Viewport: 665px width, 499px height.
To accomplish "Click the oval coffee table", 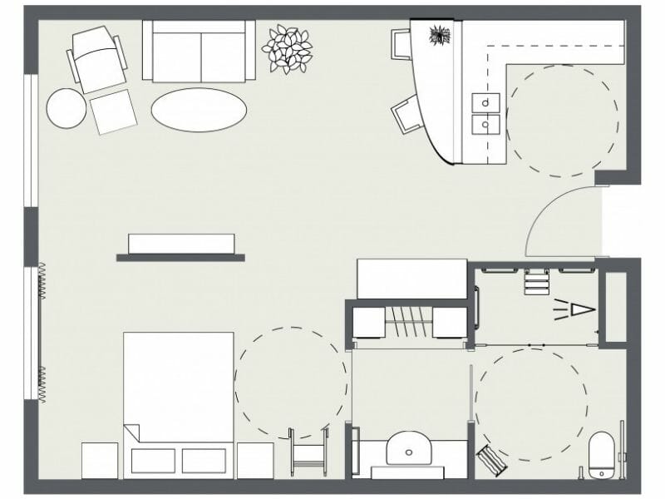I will (x=199, y=110).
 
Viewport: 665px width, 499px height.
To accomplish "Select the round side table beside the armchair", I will (x=66, y=108).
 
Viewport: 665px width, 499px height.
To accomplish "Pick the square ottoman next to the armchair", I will (x=113, y=111).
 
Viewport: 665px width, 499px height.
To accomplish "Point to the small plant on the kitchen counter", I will (x=439, y=35).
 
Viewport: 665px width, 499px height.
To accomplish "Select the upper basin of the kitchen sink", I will (x=485, y=102).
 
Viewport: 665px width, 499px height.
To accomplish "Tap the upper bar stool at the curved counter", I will (x=401, y=43).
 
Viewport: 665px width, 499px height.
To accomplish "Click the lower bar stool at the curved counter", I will (x=406, y=114).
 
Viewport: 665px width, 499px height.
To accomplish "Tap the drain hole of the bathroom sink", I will (x=408, y=453).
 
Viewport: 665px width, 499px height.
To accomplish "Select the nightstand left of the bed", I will (x=99, y=460).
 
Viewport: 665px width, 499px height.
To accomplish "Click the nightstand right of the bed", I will (x=254, y=460).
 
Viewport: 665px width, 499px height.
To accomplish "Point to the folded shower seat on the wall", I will (x=535, y=281).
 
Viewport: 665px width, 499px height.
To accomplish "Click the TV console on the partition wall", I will (x=181, y=244).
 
